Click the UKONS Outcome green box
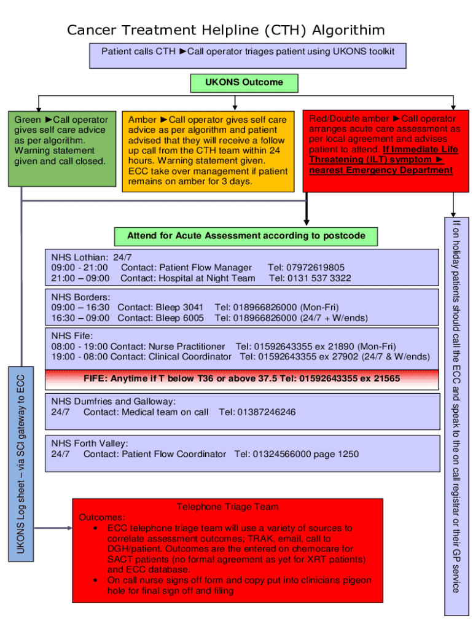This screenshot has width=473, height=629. (x=244, y=82)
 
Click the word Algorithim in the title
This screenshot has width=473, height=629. (x=349, y=30)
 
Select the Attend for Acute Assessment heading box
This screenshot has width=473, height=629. (x=246, y=236)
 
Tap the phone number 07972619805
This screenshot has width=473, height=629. (x=315, y=267)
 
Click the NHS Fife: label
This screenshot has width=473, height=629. (x=72, y=335)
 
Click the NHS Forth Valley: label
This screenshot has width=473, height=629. (x=90, y=443)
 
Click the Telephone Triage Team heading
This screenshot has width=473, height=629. (x=227, y=507)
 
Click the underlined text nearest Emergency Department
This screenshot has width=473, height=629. (x=381, y=170)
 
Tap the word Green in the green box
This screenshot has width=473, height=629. (x=28, y=120)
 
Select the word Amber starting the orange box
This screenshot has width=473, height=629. (x=142, y=120)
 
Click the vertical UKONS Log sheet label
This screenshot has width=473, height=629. (x=20, y=464)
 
